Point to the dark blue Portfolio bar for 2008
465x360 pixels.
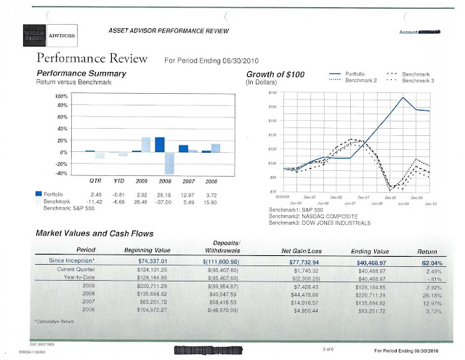click(x=159, y=144)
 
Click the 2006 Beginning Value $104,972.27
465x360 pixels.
click(x=166, y=310)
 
